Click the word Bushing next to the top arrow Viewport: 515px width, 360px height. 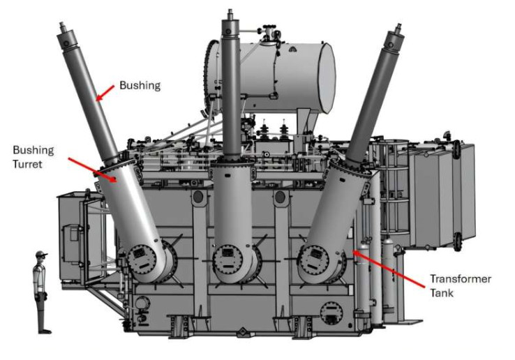point(140,86)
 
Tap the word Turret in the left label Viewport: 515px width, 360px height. point(28,164)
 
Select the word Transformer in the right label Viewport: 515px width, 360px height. point(461,279)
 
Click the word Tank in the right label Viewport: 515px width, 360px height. point(442,292)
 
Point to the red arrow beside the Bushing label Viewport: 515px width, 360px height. point(105,93)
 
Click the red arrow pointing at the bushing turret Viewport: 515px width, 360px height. point(93,170)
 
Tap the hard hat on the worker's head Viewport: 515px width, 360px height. point(41,254)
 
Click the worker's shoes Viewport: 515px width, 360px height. point(45,331)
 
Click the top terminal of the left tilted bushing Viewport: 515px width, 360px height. point(62,27)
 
